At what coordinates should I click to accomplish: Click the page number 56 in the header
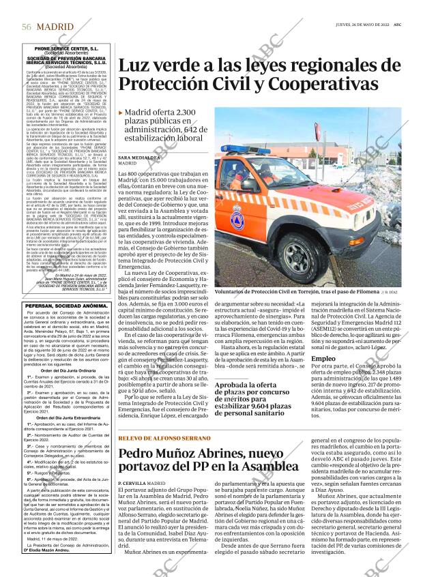click(x=27, y=26)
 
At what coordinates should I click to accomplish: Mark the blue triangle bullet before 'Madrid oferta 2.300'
click(x=121, y=113)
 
